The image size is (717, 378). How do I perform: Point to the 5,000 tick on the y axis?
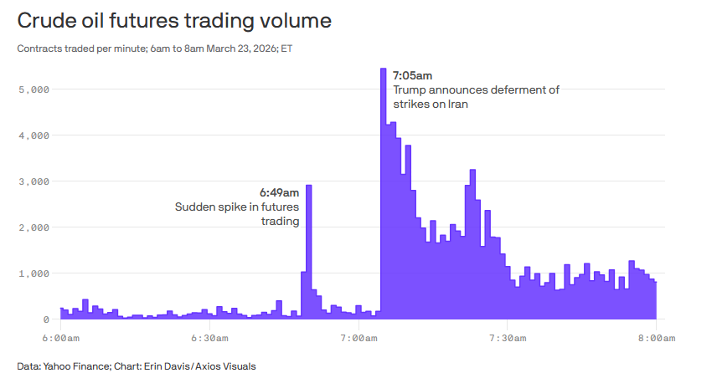tap(34, 89)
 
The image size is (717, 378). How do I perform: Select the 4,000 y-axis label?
tap(34, 135)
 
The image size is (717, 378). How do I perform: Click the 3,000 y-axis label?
tap(34, 181)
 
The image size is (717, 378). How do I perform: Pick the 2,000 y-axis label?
tap(34, 227)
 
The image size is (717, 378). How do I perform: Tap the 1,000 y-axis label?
tap(34, 273)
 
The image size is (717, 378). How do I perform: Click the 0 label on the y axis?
tap(47, 319)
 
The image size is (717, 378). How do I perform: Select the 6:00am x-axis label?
tap(60, 338)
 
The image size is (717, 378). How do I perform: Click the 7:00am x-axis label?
tap(358, 338)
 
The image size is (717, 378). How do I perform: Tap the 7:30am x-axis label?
tap(507, 338)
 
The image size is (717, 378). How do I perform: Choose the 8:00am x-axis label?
tap(655, 338)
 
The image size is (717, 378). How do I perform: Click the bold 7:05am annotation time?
tap(412, 76)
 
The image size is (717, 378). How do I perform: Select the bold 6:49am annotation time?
tap(279, 192)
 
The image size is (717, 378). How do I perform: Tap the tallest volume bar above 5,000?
tap(383, 71)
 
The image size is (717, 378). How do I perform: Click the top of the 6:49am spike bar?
tap(308, 186)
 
